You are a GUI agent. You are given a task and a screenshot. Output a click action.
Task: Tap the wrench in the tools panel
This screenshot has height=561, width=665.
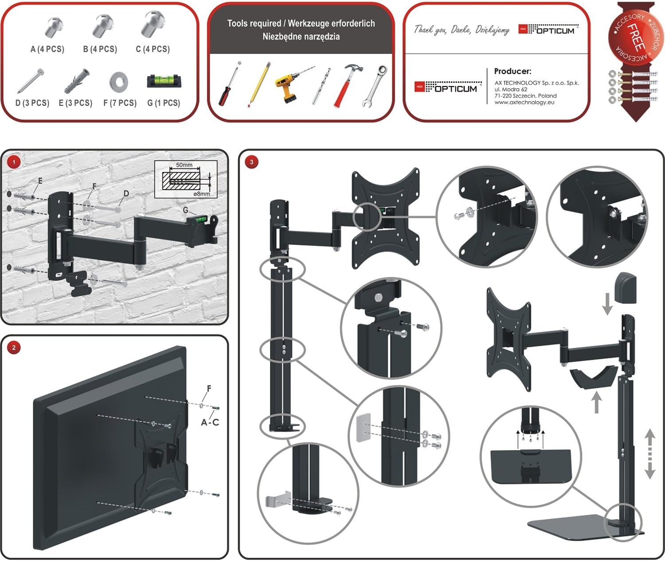(375, 86)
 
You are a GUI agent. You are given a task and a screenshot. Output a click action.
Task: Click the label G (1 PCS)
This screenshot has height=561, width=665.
(164, 103)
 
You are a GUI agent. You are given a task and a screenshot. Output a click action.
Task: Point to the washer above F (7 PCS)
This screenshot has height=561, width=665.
(118, 82)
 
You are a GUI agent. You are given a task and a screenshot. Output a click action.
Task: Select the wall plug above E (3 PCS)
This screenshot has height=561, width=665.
(76, 81)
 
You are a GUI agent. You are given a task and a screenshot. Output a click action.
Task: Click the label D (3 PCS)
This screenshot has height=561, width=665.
(32, 103)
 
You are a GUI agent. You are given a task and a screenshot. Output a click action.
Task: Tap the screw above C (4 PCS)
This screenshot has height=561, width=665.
(153, 24)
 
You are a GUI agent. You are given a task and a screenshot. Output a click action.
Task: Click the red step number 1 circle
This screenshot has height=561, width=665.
(14, 162)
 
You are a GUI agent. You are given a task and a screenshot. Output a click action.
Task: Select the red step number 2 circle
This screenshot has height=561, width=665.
(14, 348)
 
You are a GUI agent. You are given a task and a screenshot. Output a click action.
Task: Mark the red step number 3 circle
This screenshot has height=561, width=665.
(252, 162)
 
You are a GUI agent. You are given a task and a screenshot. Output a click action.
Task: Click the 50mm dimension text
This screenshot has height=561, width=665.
(184, 165)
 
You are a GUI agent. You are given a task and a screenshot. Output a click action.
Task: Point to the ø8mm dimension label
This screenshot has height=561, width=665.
(202, 193)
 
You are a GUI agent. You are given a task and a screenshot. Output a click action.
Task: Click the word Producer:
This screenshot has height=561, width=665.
(513, 71)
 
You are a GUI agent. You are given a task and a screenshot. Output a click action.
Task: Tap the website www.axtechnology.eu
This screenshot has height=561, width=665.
(524, 102)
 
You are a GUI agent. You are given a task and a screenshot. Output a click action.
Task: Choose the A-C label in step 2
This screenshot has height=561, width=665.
(210, 423)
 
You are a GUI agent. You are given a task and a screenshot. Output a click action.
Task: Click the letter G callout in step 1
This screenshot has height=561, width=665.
(185, 210)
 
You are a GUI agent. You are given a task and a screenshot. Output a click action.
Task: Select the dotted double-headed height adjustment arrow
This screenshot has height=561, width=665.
(650, 454)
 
